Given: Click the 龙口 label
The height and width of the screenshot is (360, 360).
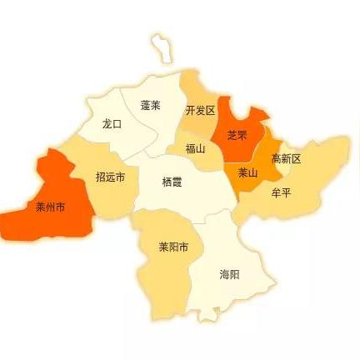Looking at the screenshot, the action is point(112,123).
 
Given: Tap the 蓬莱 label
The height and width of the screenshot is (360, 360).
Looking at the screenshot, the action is point(151,106).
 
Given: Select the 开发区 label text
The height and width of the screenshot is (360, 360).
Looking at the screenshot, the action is point(200,110).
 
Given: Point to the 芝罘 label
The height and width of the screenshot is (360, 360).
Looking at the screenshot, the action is point(237,135).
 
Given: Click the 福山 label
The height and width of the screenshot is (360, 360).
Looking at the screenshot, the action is point(195,149).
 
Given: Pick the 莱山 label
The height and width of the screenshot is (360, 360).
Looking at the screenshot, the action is point(247,173).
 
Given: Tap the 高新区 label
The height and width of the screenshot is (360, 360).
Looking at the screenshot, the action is point(286,158).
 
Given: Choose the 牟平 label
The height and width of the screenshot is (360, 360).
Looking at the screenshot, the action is point(281,192).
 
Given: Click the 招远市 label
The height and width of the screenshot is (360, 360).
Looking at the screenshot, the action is point(111,177).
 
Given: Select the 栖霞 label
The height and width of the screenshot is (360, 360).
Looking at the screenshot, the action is point(172,182).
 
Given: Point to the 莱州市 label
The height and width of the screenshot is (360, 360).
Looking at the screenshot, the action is point(50,207).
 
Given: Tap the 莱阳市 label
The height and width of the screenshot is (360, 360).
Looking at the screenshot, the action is point(173,247).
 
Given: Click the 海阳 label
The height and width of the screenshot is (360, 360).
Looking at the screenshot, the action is point(229,273).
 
